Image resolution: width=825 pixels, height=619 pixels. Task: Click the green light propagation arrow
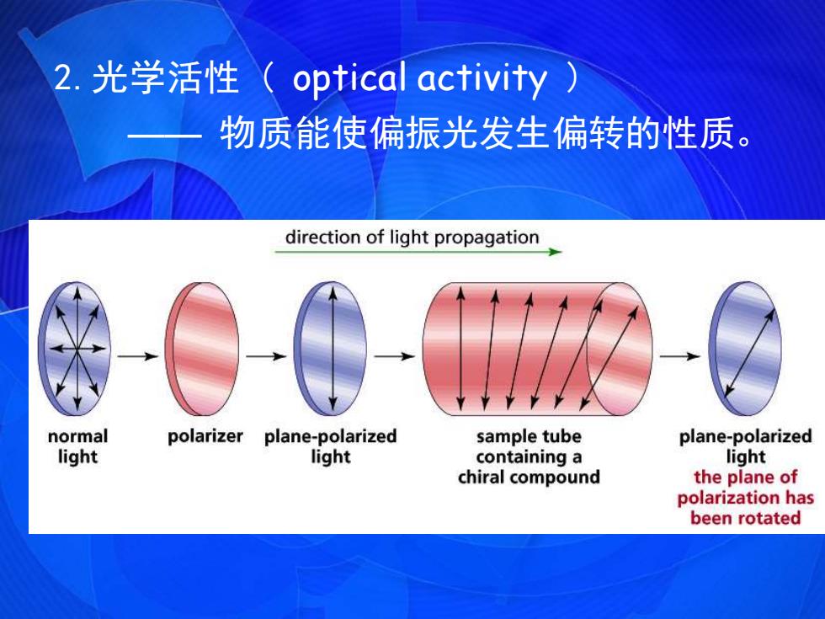pyautogui.click(x=418, y=252)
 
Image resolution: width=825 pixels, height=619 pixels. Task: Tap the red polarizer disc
pyautogui.click(x=202, y=349)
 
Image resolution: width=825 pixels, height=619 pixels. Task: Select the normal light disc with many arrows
pyautogui.click(x=75, y=349)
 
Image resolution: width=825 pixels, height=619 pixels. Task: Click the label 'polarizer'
pyautogui.click(x=205, y=436)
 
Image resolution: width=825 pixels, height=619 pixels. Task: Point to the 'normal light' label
pyautogui.click(x=77, y=446)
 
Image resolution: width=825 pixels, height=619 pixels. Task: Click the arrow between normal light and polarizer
pyautogui.click(x=138, y=356)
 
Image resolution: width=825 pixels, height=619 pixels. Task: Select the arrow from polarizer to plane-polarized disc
pyautogui.click(x=266, y=356)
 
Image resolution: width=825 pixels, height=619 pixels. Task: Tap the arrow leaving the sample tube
pyautogui.click(x=680, y=356)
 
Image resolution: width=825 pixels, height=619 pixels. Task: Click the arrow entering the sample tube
pyautogui.click(x=395, y=356)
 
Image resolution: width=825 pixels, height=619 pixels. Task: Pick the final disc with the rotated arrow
pyautogui.click(x=745, y=349)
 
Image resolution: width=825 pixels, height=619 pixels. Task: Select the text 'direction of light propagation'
pyautogui.click(x=412, y=237)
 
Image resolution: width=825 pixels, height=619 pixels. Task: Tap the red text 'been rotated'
pyautogui.click(x=746, y=518)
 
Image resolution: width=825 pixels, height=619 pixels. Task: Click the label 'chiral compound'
pyautogui.click(x=529, y=478)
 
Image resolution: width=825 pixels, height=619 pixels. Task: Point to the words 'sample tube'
pyautogui.click(x=529, y=436)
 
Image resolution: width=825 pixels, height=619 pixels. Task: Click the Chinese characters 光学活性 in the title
pyautogui.click(x=165, y=77)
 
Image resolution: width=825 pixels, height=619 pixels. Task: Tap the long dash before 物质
pyautogui.click(x=164, y=135)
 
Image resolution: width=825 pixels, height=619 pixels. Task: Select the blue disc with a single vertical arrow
pyautogui.click(x=330, y=349)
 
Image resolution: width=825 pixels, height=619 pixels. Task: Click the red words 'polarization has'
pyautogui.click(x=746, y=498)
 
